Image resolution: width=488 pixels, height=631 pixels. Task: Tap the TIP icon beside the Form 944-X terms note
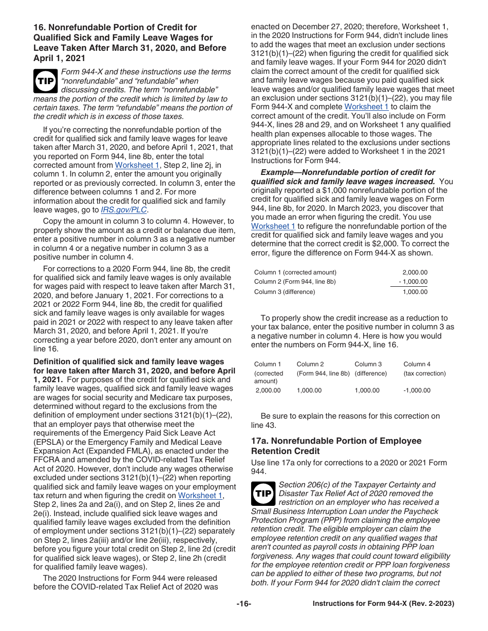pyautogui.click(x=45, y=81)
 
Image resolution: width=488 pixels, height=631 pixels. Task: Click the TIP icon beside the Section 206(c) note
pyautogui.click(x=263, y=494)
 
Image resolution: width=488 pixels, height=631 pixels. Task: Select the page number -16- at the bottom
pyautogui.click(x=243, y=604)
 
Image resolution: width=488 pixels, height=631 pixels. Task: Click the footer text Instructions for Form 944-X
pyautogui.click(x=383, y=604)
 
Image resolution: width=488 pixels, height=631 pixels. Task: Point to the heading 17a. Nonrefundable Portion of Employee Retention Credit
pyautogui.click(x=336, y=446)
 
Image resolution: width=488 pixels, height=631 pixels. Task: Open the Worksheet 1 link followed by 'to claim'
pyautogui.click(x=366, y=107)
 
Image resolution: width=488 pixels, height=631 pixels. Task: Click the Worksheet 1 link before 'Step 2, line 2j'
pyautogui.click(x=137, y=165)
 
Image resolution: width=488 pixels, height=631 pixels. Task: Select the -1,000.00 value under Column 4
pyautogui.click(x=417, y=390)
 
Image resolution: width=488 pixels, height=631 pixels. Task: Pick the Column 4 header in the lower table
pyautogui.click(x=417, y=364)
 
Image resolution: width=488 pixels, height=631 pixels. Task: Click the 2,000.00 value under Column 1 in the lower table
pyautogui.click(x=268, y=390)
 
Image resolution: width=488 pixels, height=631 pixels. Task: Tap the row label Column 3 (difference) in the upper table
pyautogui.click(x=285, y=292)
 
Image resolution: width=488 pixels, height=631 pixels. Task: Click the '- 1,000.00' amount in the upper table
pyautogui.click(x=412, y=282)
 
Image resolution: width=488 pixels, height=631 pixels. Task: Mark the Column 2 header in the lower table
pyautogui.click(x=310, y=364)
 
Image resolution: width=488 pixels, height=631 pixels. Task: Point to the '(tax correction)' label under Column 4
pyautogui.click(x=424, y=373)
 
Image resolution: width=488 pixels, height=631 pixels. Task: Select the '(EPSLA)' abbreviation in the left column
pyautogui.click(x=48, y=442)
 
